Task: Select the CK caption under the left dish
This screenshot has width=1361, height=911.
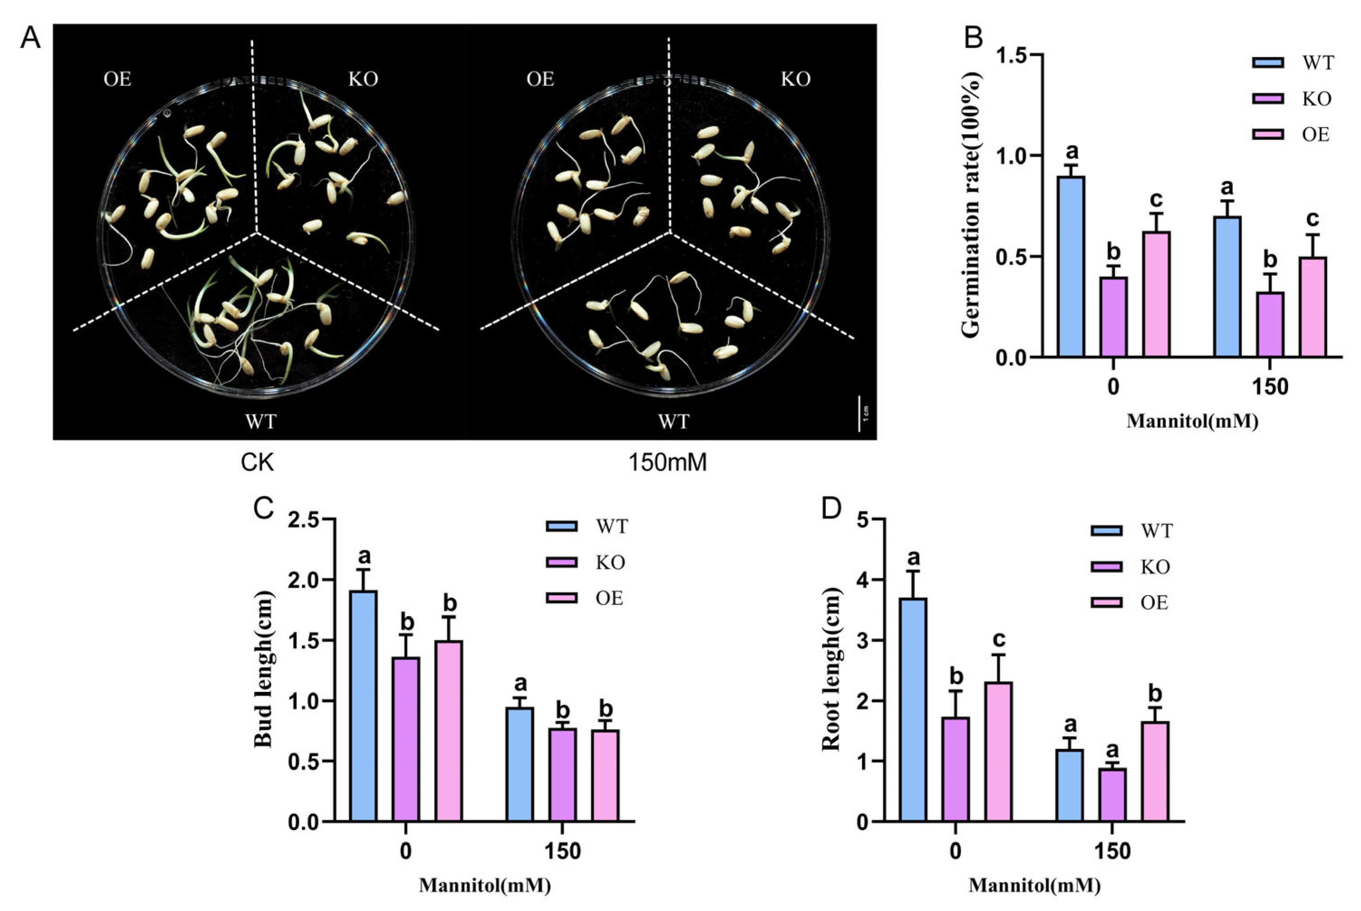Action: click(257, 463)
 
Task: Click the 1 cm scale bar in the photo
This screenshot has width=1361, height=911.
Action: click(859, 414)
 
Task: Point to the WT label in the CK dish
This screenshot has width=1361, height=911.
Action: click(261, 420)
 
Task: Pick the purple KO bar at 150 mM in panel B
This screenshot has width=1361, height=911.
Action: click(1270, 324)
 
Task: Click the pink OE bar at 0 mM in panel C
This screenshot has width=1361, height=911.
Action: click(449, 731)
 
